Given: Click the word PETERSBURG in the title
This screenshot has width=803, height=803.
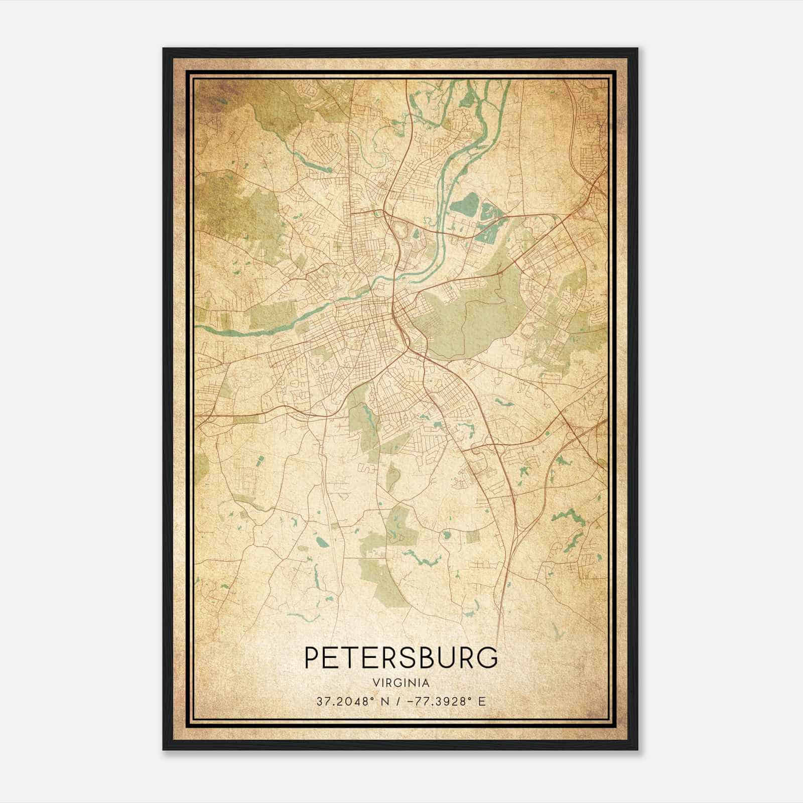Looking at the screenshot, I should [x=401, y=658].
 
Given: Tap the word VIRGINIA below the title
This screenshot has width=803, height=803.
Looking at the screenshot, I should [x=401, y=683].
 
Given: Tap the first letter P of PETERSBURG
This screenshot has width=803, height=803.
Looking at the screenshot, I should [x=313, y=658].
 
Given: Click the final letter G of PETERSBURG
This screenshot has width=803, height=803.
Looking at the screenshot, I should [x=488, y=658].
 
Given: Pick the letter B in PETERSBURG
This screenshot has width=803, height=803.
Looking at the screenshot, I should [x=422, y=658].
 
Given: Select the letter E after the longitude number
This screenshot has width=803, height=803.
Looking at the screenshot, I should [x=482, y=701].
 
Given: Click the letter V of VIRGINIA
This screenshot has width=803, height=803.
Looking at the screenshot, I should [x=375, y=683].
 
